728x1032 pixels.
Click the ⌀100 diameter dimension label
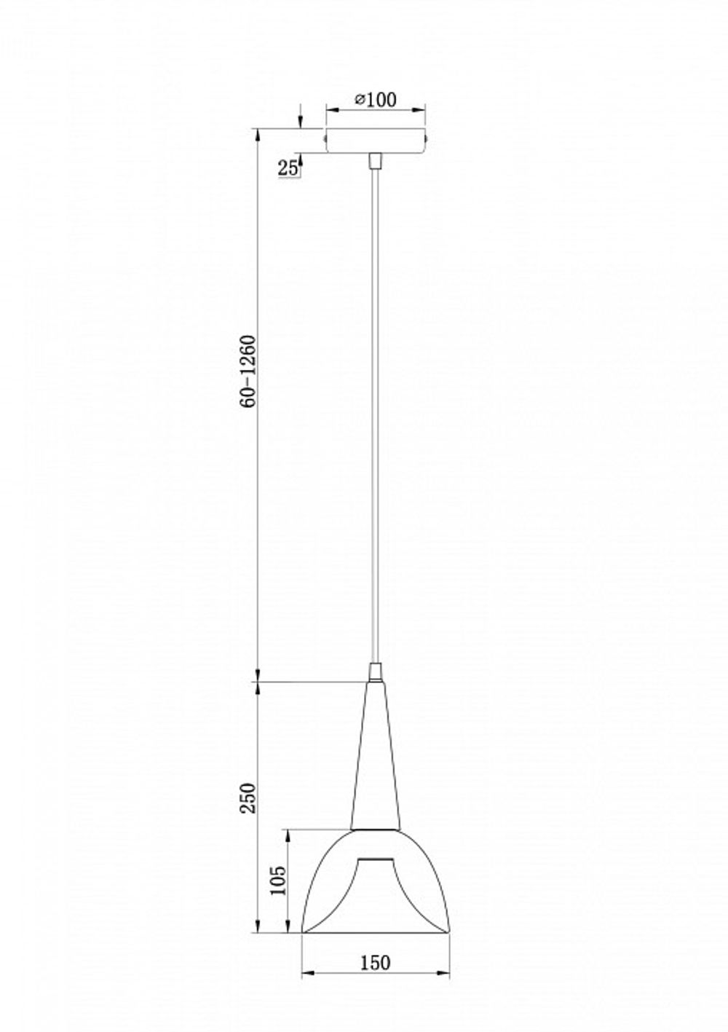[x=376, y=100]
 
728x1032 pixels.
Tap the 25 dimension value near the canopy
[x=288, y=168]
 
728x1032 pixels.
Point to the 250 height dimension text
[x=249, y=802]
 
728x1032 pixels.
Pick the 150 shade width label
[x=375, y=962]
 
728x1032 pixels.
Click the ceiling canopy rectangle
[x=375, y=141]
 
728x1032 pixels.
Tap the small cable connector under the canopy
[x=375, y=160]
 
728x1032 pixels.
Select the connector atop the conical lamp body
[x=375, y=671]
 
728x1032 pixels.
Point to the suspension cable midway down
[x=375, y=415]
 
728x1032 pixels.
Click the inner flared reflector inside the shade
[x=375, y=885]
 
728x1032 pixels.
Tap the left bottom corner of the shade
[x=304, y=931]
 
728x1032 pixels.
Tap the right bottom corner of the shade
[x=448, y=931]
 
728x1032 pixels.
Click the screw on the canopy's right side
[x=428, y=135]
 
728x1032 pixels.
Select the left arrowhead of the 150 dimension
[x=306, y=972]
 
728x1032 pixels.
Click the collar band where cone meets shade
[x=375, y=829]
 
